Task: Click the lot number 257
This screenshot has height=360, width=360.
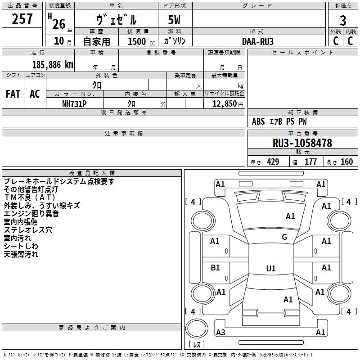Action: click(22, 18)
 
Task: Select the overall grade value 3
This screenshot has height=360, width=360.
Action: click(343, 21)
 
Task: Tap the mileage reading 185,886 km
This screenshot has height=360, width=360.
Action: click(53, 65)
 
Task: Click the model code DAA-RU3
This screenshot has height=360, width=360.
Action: click(258, 41)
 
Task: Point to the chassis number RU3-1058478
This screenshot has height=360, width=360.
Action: click(302, 143)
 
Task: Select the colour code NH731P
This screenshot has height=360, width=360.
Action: click(74, 104)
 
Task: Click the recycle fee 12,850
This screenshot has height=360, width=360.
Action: click(224, 104)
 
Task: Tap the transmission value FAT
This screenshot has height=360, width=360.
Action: click(13, 94)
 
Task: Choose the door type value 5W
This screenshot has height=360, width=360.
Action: click(174, 20)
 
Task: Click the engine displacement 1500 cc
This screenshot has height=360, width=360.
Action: click(141, 41)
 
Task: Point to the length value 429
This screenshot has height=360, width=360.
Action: click(273, 162)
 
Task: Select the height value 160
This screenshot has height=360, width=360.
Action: click(346, 162)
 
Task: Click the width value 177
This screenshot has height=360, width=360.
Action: click(310, 162)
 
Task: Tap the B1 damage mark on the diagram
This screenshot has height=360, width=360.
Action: click(215, 268)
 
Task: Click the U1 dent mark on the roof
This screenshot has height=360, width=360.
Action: click(271, 268)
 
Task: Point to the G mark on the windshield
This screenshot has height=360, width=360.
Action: click(284, 237)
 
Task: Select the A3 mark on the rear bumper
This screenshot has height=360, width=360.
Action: click(220, 332)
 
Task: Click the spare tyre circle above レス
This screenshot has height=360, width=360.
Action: click(197, 328)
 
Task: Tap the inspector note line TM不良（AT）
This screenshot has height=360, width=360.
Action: click(30, 198)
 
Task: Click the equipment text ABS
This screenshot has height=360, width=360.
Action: click(258, 121)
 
